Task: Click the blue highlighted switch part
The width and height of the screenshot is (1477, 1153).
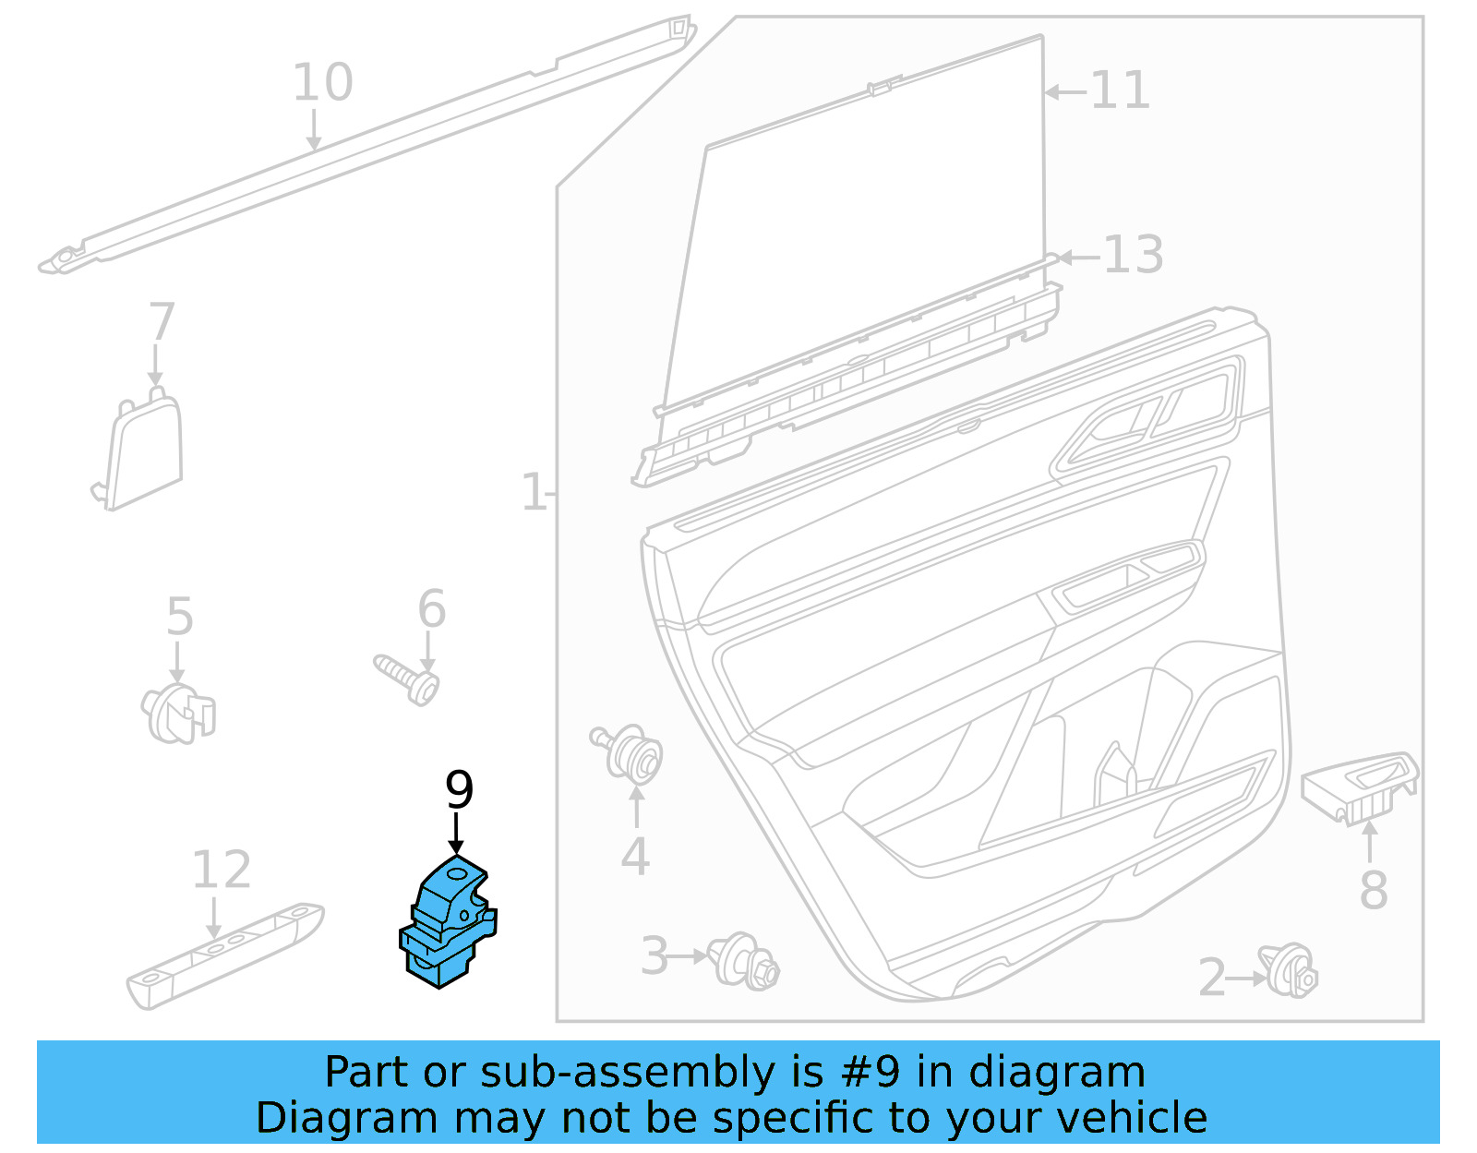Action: coord(447,923)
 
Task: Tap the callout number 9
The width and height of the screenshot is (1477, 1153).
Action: coord(459,790)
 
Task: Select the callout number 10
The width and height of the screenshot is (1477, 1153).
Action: coord(322,82)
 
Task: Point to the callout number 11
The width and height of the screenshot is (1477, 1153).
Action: coord(1120,90)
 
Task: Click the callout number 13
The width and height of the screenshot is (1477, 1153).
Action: coord(1133,255)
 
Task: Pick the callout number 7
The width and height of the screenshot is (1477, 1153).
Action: coord(162,321)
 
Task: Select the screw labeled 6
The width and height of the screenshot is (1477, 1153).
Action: coord(407,679)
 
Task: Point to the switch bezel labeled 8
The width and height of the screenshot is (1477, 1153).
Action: coord(1360,785)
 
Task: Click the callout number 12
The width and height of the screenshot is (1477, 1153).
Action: coord(221,870)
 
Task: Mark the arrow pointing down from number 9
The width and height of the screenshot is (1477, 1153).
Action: coord(456,834)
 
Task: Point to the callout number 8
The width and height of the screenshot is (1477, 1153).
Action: coord(1373,890)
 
